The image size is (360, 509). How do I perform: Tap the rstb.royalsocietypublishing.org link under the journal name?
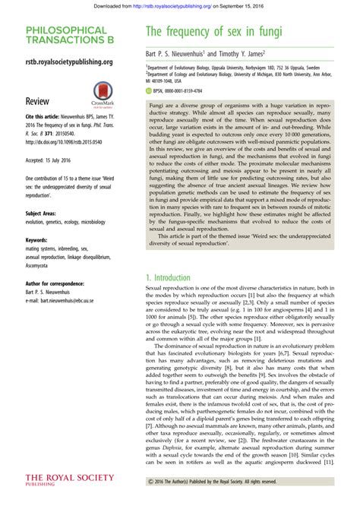point(69,62)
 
